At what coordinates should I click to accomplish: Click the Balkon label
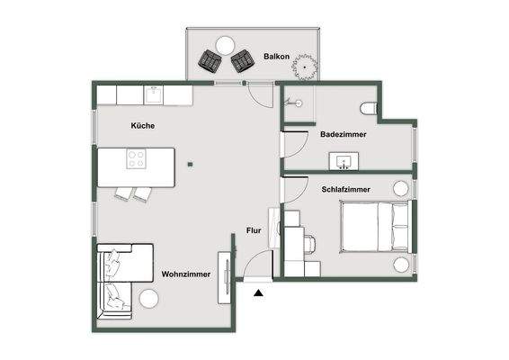(275, 57)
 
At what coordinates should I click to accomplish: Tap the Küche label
(142, 126)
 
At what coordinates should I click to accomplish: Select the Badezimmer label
(342, 134)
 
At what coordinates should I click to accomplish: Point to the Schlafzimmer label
(345, 189)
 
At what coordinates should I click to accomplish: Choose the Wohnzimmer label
(186, 274)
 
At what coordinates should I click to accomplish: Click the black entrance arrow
(259, 292)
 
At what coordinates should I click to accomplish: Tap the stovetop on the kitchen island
(136, 160)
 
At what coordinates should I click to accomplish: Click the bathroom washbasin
(344, 162)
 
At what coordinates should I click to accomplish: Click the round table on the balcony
(223, 44)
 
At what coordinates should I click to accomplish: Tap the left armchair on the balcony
(210, 62)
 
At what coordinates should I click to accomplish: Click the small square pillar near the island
(190, 164)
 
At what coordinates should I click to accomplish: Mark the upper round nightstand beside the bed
(400, 188)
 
